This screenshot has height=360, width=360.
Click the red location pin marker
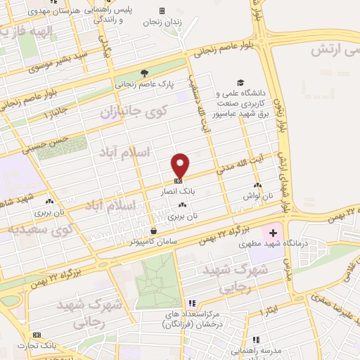[181, 165]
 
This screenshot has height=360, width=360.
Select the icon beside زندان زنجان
[162, 11]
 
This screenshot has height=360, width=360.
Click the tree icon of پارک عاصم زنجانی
[145, 72]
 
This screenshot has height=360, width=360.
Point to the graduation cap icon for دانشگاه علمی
[241, 82]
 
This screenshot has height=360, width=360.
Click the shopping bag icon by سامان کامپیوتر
[153, 231]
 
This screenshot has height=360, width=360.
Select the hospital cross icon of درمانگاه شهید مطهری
[272, 231]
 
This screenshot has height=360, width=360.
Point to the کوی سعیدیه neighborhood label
[41, 229]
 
